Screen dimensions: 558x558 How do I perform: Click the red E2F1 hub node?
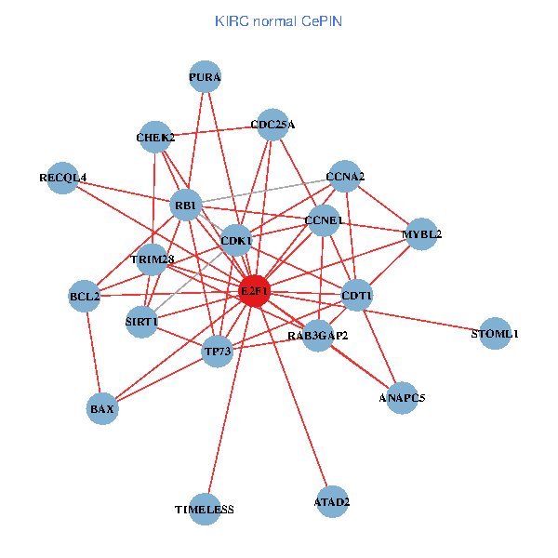tap(255, 291)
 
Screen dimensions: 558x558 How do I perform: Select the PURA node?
tap(205, 78)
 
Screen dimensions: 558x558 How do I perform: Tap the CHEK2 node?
tap(155, 138)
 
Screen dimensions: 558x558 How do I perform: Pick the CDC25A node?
tap(272, 125)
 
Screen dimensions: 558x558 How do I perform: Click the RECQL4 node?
tap(63, 178)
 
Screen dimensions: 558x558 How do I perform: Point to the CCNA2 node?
tap(345, 177)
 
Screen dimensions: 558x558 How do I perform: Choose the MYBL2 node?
tap(421, 234)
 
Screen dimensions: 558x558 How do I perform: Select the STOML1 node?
tap(495, 333)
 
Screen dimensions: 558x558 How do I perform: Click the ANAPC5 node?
tap(402, 398)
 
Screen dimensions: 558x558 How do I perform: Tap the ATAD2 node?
tap(332, 502)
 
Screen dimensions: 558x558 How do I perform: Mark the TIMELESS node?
tap(205, 510)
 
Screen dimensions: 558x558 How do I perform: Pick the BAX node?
tap(102, 408)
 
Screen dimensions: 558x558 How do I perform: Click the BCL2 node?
tap(85, 298)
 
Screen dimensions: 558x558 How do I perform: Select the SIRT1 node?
tap(141, 322)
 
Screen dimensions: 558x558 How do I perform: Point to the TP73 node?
tap(217, 352)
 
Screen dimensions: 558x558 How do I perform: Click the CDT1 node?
tap(357, 297)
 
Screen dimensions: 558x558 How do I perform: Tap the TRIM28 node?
tap(153, 259)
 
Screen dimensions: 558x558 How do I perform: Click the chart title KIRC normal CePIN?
tap(278, 20)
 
